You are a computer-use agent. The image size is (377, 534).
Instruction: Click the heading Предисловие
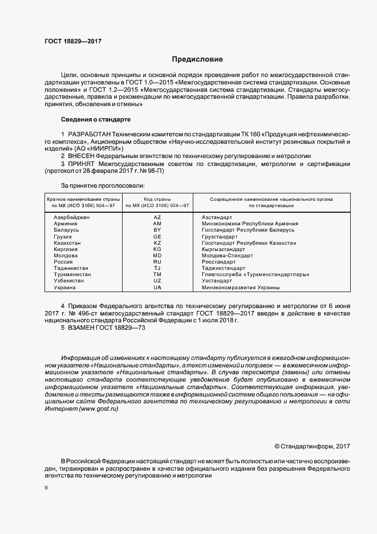click(x=198, y=59)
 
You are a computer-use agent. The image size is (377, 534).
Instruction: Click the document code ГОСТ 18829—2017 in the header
click(x=73, y=42)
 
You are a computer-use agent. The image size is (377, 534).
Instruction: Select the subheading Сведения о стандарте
click(x=96, y=120)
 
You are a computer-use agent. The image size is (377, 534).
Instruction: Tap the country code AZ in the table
click(x=157, y=217)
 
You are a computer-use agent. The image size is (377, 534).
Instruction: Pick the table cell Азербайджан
click(x=72, y=217)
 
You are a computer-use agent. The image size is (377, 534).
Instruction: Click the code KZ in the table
click(x=157, y=242)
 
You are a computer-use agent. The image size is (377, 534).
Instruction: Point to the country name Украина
click(x=64, y=288)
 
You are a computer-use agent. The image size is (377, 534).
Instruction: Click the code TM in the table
click(x=157, y=274)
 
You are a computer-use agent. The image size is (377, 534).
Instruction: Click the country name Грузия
click(x=63, y=236)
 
